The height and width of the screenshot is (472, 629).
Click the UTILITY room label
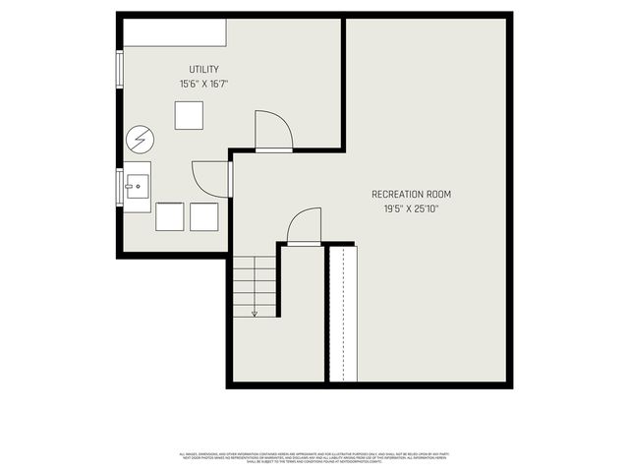(203, 69)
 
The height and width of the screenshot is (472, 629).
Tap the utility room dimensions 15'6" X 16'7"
(203, 85)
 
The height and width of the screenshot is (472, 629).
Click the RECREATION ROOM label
(411, 194)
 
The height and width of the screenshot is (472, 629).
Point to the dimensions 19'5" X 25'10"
(411, 209)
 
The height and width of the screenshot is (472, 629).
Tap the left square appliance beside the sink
(170, 216)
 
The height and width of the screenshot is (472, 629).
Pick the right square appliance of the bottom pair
(203, 216)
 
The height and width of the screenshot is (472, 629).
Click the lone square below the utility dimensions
(189, 115)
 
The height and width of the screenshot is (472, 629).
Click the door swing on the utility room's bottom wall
(272, 132)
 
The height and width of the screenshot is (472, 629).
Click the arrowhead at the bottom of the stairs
(255, 313)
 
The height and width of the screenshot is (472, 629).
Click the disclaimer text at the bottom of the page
(314, 457)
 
